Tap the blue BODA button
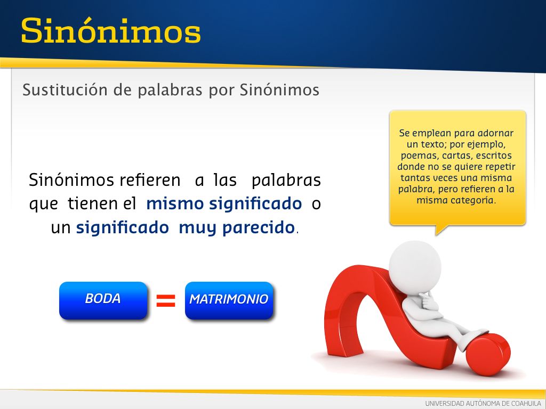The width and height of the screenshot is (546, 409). click(x=103, y=300)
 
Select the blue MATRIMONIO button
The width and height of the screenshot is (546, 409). click(x=229, y=300)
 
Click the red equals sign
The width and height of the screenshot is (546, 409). click(x=166, y=300)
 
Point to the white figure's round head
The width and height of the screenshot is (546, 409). click(x=415, y=267)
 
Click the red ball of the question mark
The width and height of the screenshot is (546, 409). click(x=488, y=354)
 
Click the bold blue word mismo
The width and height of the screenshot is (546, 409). click(x=174, y=204)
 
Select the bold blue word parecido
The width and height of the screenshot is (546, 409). click(x=259, y=228)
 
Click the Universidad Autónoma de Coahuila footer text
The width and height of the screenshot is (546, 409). click(x=483, y=404)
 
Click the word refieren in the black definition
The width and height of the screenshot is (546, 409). click(x=150, y=180)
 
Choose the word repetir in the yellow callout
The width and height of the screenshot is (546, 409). click(x=500, y=167)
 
